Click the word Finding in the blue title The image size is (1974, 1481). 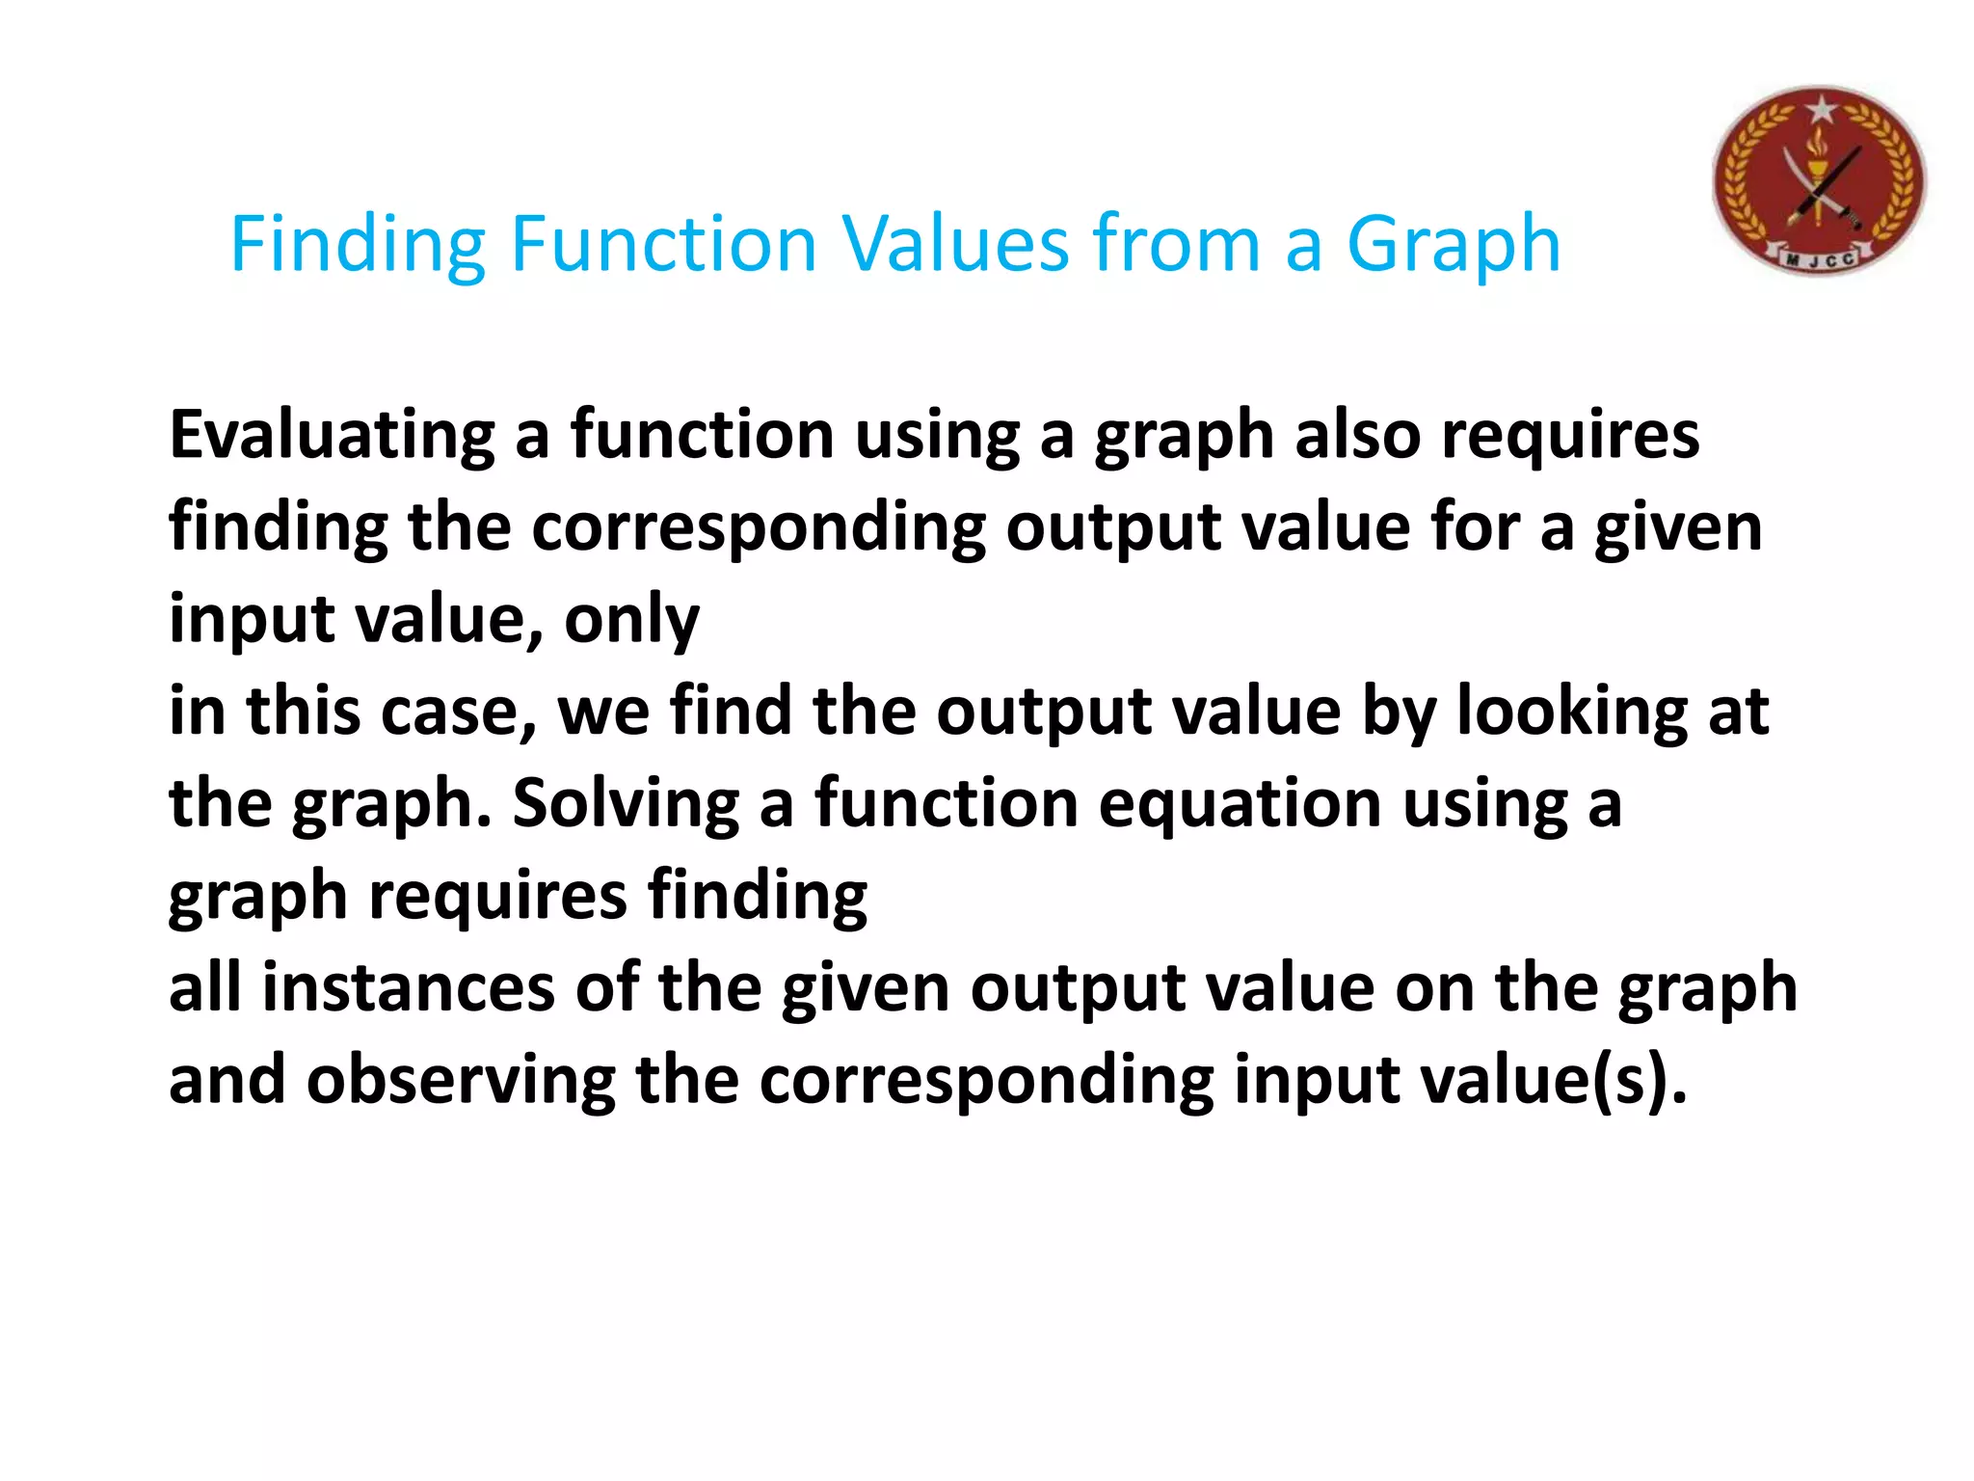tap(358, 245)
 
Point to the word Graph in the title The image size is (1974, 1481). tap(1453, 245)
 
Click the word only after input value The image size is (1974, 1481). tap(631, 620)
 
